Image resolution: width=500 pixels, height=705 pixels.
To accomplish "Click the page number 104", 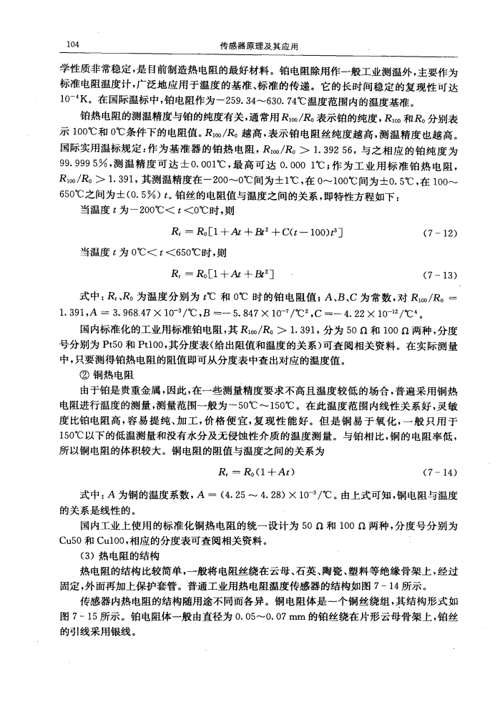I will pos(71,44).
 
